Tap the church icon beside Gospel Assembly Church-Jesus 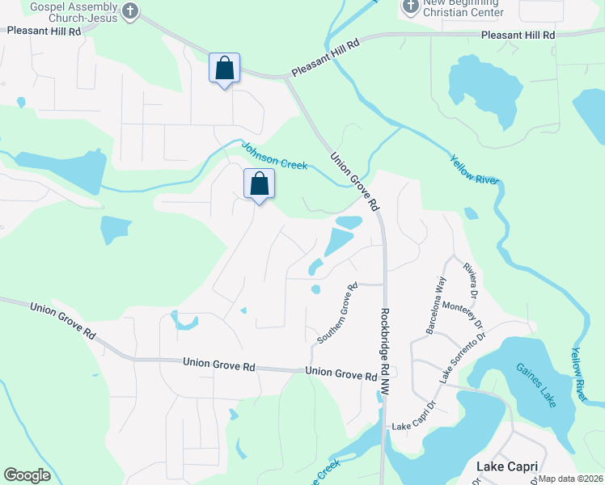coord(133,11)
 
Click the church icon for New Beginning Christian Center coord(410,7)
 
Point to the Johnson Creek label coord(274,155)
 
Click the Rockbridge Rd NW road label coord(384,351)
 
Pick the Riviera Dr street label coord(471,278)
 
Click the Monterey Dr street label coord(468,314)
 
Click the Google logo coord(27,475)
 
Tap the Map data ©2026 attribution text coord(570,479)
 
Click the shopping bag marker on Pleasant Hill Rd coord(224,69)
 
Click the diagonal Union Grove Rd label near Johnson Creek coord(354,179)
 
